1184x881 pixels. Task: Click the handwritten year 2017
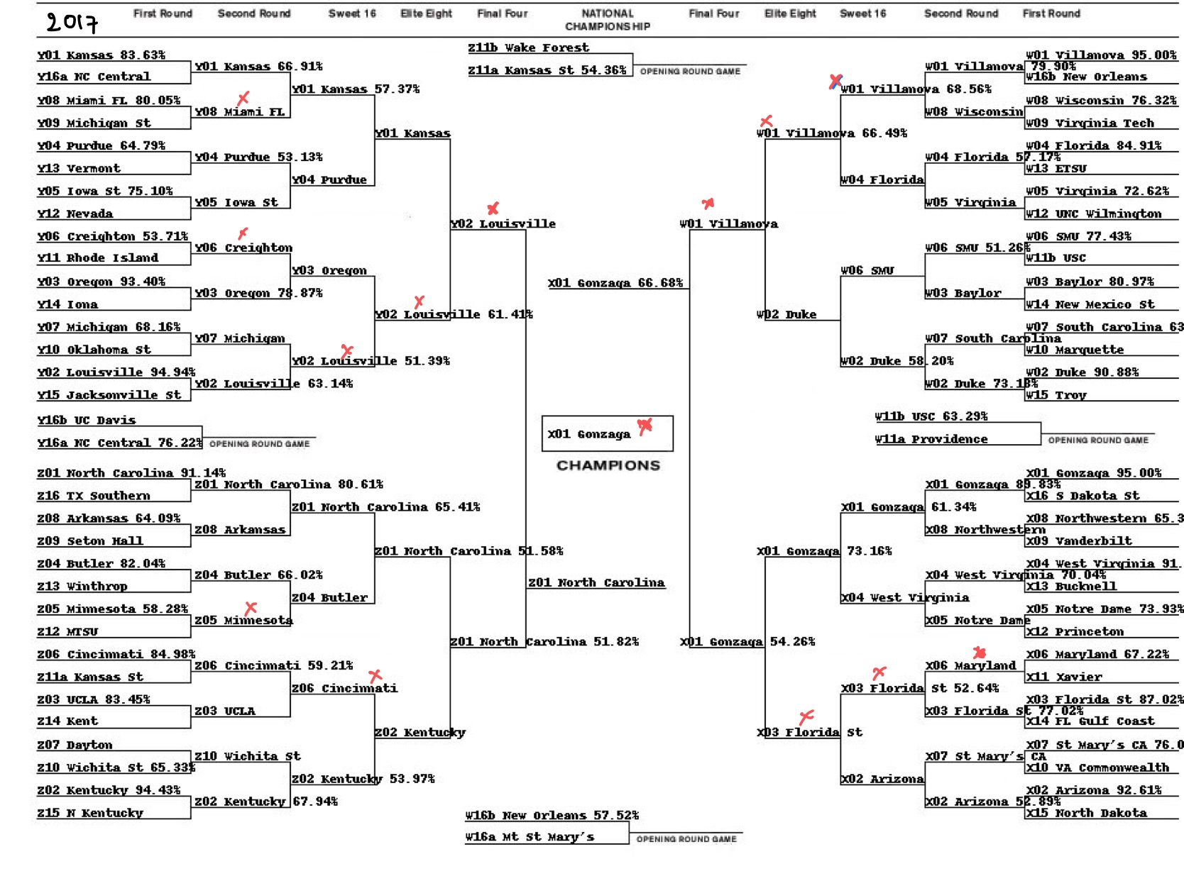coord(72,22)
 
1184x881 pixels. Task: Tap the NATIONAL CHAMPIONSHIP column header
coord(608,20)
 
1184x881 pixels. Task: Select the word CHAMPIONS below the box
coord(608,465)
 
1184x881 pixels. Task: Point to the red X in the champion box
coord(645,426)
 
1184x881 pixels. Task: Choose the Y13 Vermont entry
coord(79,168)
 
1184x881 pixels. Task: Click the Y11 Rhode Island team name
coord(97,257)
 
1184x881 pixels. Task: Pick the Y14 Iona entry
coord(67,304)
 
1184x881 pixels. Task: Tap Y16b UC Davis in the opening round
coord(86,420)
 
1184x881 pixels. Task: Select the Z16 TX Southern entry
coord(93,495)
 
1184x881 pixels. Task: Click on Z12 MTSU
coord(67,631)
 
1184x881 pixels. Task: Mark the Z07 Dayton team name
coord(75,745)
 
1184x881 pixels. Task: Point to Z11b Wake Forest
coord(528,48)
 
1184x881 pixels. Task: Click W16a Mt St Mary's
coord(530,837)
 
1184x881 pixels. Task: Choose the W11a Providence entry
coord(931,439)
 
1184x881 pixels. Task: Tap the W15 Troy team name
coord(1056,395)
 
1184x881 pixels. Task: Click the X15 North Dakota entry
coord(1086,813)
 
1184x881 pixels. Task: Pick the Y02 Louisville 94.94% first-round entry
coord(116,372)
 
